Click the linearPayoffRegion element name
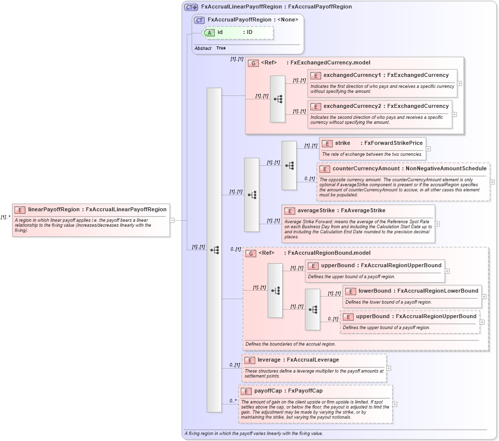tap(53, 209)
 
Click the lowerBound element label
tap(375, 291)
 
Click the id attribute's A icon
tap(209, 32)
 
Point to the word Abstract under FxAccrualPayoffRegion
tap(203, 48)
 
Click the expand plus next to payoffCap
tap(395, 404)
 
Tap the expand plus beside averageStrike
tap(437, 224)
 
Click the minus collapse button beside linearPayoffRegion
tap(172, 220)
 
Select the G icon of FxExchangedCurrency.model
tap(253, 63)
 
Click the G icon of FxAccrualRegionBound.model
tap(250, 253)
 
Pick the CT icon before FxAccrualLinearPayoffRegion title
tap(191, 7)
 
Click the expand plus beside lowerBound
tap(484, 297)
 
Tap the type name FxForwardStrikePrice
tap(393, 143)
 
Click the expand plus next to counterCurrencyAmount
tap(492, 182)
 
